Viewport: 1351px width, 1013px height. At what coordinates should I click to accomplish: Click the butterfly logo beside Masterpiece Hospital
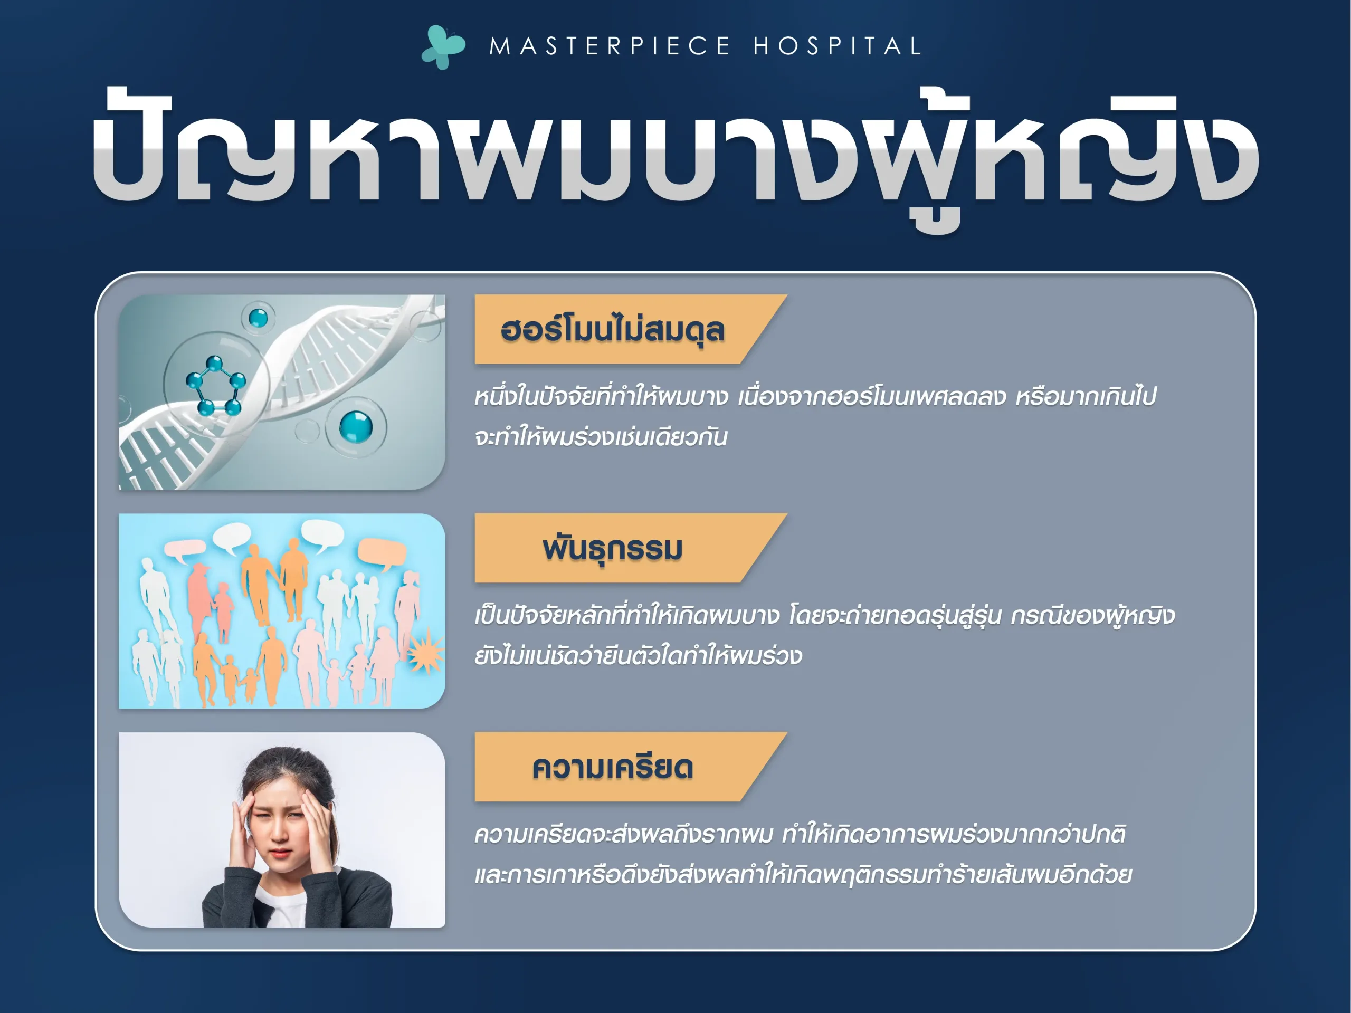tap(443, 47)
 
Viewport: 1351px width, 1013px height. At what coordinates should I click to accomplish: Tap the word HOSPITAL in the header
tap(837, 46)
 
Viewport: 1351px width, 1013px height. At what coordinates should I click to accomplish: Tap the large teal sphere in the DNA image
tap(356, 426)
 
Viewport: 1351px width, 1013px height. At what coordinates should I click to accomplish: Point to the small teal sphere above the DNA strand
tap(259, 318)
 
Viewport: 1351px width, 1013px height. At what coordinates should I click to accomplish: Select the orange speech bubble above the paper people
tap(382, 552)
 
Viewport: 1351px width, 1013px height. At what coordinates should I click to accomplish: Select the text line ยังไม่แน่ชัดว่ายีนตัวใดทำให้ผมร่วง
tap(638, 656)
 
